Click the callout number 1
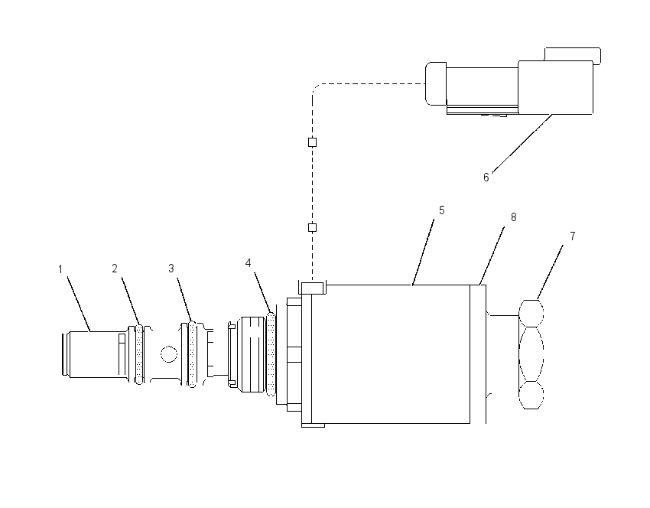click(x=60, y=269)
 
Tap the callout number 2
click(x=115, y=269)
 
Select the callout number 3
click(x=171, y=269)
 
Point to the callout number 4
click(x=249, y=263)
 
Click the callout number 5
click(x=442, y=210)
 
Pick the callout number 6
click(x=486, y=177)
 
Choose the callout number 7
click(x=573, y=236)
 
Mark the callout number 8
click(x=514, y=217)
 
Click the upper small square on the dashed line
click(x=313, y=142)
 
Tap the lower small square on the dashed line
click(x=313, y=227)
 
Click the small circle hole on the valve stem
click(x=169, y=354)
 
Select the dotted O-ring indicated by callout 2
click(x=139, y=354)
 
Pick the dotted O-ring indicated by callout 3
click(x=192, y=354)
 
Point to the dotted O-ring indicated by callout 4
click(x=271, y=354)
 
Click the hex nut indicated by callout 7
click(x=531, y=354)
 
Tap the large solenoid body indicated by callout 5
click(x=391, y=354)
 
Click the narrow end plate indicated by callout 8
click(x=478, y=354)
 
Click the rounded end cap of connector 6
click(x=436, y=83)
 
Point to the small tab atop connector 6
click(x=573, y=56)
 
